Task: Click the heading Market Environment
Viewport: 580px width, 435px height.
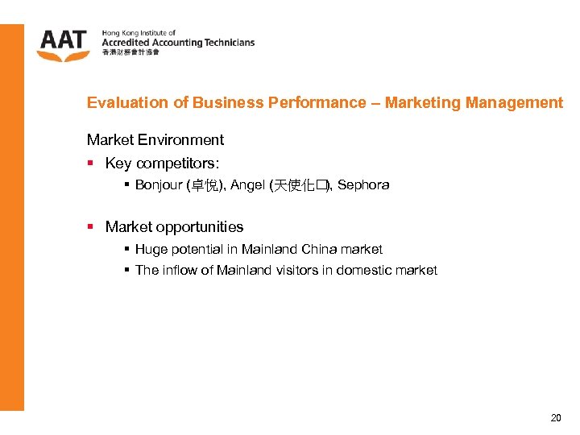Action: click(x=155, y=139)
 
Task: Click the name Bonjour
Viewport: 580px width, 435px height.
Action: click(x=159, y=184)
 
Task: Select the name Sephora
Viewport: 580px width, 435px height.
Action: click(x=363, y=184)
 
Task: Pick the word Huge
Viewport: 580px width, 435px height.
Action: click(x=151, y=249)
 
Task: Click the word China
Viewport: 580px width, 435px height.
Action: click(x=318, y=249)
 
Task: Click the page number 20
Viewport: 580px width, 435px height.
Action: click(x=556, y=417)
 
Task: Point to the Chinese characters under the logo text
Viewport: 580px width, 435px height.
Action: click(x=130, y=52)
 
